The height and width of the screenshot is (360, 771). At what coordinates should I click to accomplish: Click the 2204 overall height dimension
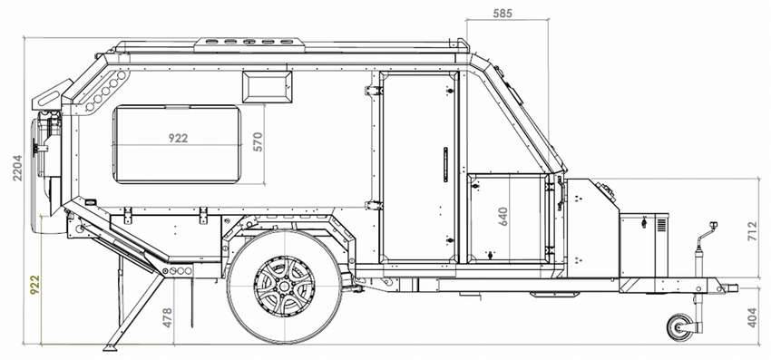click(x=18, y=168)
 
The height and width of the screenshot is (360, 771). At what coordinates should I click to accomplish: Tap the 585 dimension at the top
click(x=503, y=14)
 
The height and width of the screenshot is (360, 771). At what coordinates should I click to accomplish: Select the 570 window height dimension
click(x=259, y=141)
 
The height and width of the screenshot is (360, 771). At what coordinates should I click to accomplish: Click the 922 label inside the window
click(x=178, y=138)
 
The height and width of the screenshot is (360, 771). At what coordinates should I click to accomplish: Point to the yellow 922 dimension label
click(x=34, y=285)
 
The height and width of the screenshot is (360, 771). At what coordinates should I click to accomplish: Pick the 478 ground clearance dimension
click(x=168, y=317)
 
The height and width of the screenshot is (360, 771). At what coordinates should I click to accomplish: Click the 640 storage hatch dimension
click(x=503, y=217)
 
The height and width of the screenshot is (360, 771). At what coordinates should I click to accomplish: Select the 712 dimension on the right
click(x=752, y=231)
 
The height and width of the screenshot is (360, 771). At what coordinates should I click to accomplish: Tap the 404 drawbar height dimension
click(x=752, y=317)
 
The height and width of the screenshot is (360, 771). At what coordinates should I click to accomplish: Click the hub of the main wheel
click(x=284, y=287)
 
